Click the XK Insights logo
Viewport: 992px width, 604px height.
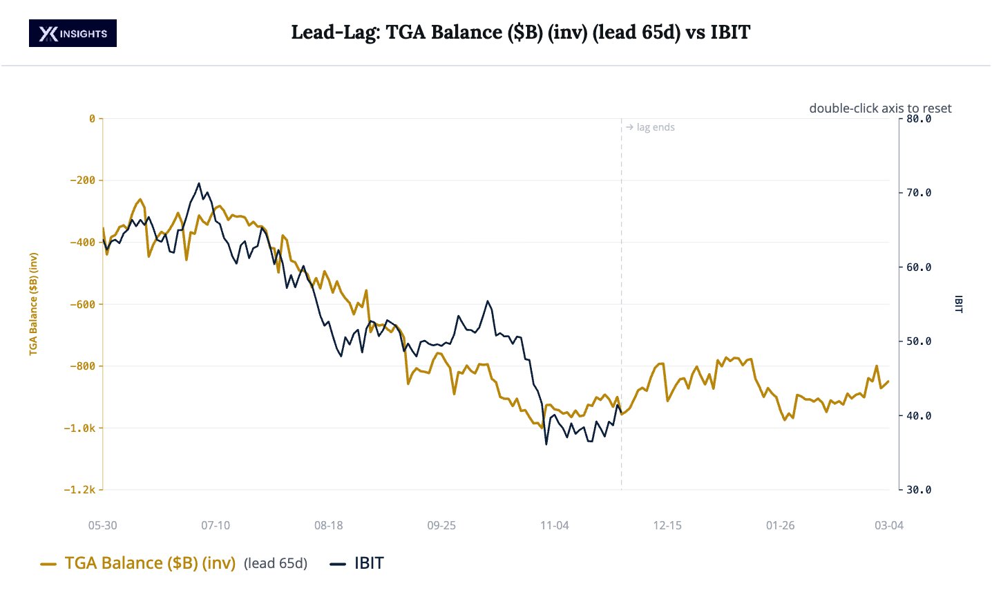(x=73, y=33)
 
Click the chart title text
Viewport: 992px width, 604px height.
(x=520, y=32)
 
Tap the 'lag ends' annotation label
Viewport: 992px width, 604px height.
(x=655, y=127)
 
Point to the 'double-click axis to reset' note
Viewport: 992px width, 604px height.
(x=879, y=108)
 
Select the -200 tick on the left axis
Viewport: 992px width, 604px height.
(x=83, y=180)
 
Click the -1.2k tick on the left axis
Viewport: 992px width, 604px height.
(x=80, y=490)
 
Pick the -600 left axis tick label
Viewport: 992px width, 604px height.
(x=83, y=304)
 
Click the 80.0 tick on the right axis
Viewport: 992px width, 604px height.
(x=919, y=119)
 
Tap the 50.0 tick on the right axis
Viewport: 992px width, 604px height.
(x=919, y=341)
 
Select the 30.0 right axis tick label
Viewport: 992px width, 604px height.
(x=919, y=490)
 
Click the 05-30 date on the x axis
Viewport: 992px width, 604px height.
(x=103, y=525)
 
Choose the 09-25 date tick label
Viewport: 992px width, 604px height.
(x=441, y=525)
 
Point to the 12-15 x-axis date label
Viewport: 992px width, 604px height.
(x=667, y=525)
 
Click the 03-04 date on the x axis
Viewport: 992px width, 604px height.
(x=888, y=525)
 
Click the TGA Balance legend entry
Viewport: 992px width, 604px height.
(x=150, y=563)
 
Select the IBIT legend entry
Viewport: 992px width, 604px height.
(x=368, y=563)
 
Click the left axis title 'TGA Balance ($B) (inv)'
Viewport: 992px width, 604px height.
(x=33, y=304)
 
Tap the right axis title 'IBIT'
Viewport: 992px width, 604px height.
(x=958, y=304)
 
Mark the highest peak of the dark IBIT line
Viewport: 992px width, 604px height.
(x=199, y=184)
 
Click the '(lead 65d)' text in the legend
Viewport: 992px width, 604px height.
(x=276, y=564)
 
